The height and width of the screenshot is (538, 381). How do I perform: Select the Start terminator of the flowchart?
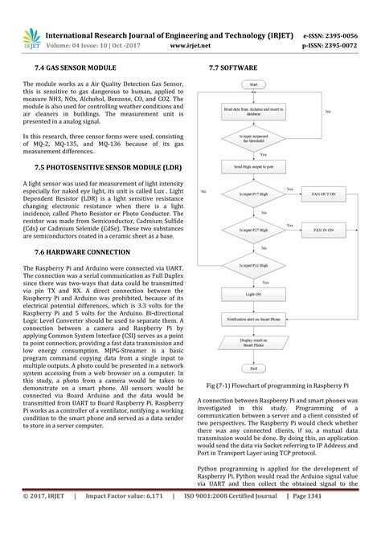click(x=253, y=84)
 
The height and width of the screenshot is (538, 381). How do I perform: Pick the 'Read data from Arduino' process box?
click(x=253, y=112)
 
